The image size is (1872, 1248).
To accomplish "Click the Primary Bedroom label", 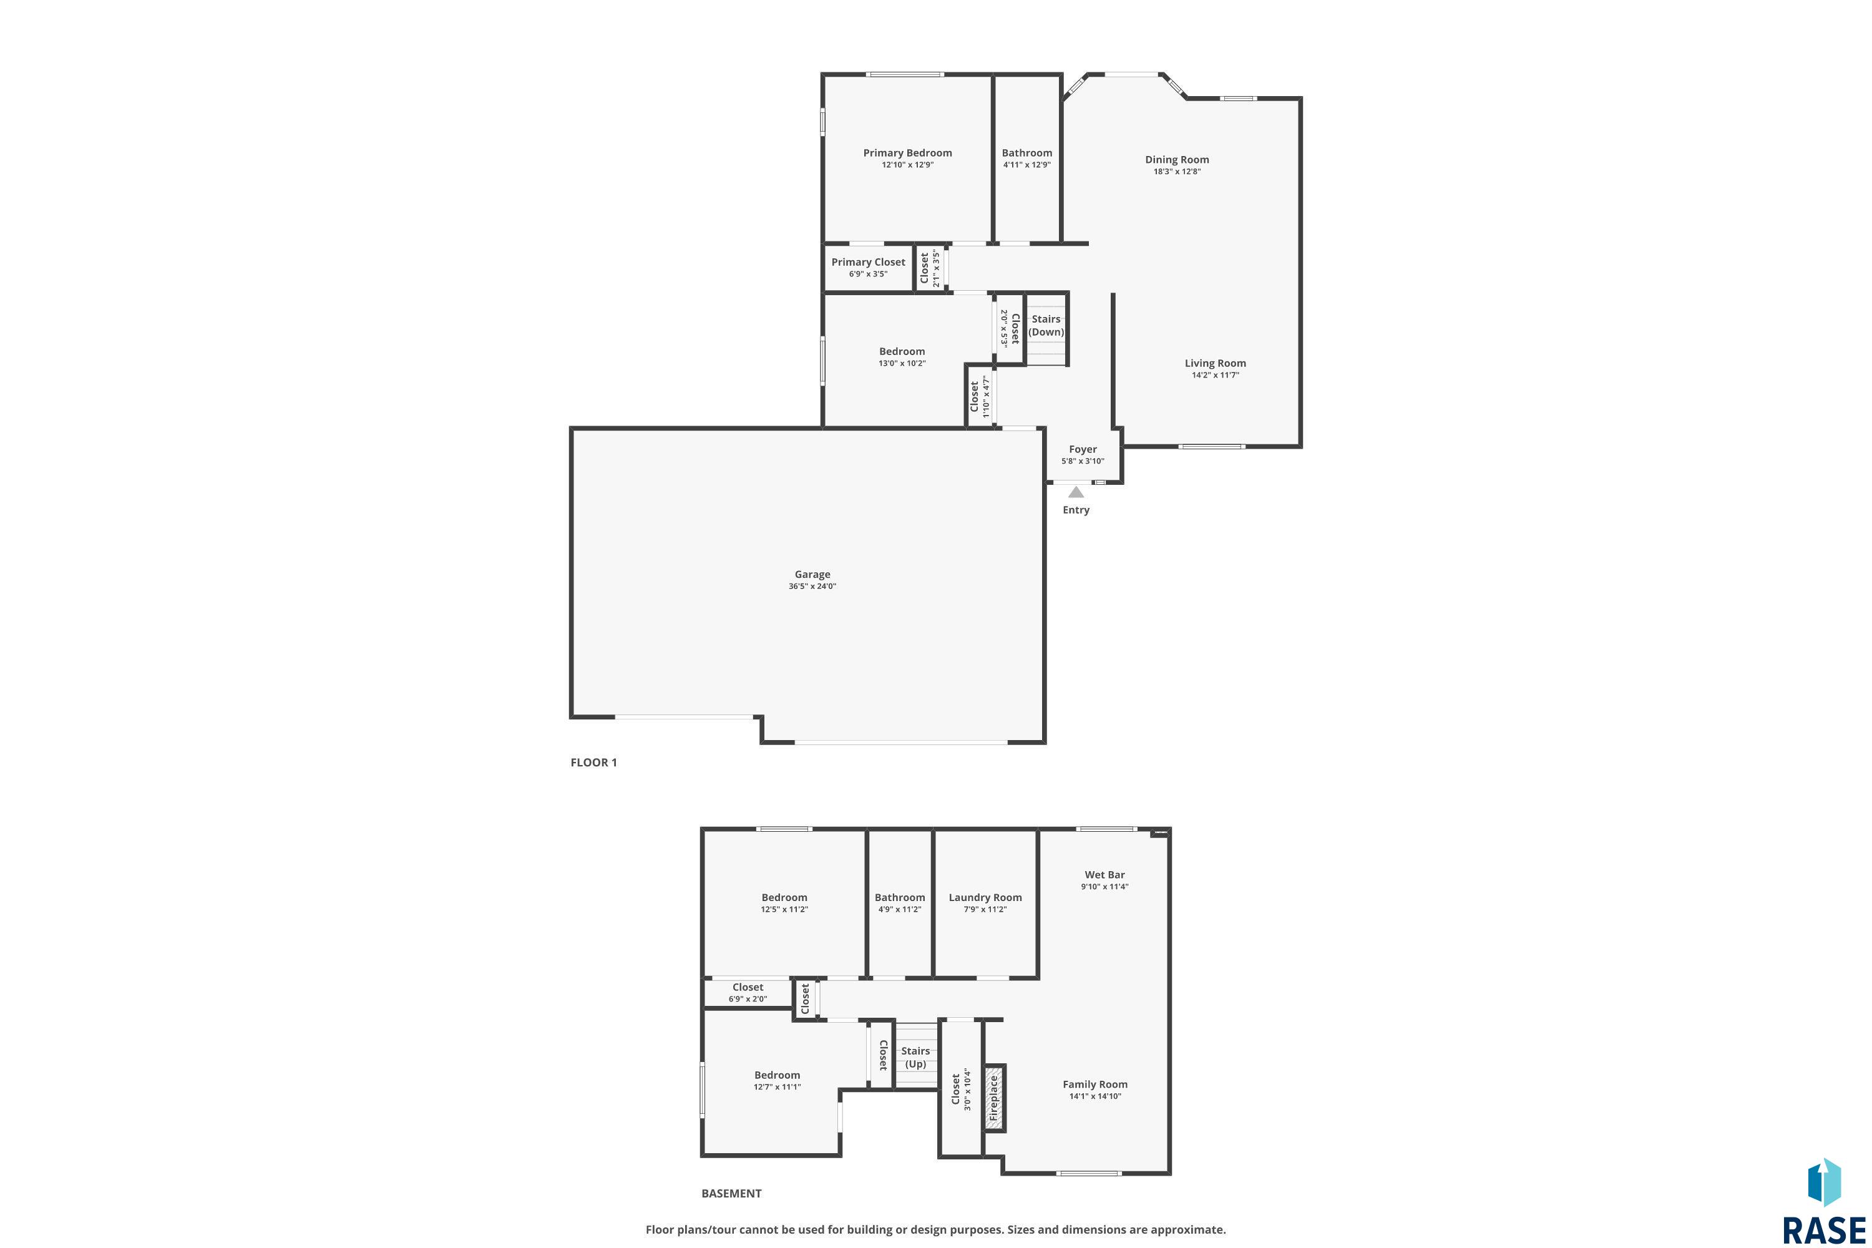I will tap(907, 153).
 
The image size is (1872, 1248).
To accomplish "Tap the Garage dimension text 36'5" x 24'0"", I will tap(812, 587).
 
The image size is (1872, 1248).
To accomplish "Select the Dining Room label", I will tap(1176, 159).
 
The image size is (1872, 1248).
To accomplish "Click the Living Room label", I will tap(1214, 363).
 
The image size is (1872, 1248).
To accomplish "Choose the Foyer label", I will tap(1083, 449).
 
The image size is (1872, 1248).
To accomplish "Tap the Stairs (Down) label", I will tap(1046, 326).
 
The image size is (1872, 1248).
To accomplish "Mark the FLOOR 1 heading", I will tap(593, 763).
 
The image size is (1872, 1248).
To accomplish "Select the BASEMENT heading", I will tap(731, 1193).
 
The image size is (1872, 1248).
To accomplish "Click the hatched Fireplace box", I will tap(993, 1098).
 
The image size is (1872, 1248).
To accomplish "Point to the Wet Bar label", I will tap(1104, 875).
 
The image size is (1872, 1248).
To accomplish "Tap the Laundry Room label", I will tap(985, 897).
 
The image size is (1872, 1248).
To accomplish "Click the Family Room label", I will tap(1094, 1084).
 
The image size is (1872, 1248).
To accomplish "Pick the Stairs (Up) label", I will tap(915, 1057).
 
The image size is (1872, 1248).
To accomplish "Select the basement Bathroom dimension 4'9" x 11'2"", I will tap(899, 909).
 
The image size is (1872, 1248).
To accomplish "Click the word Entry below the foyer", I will tap(1075, 510).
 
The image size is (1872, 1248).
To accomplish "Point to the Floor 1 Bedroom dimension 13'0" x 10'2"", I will tap(902, 364).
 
